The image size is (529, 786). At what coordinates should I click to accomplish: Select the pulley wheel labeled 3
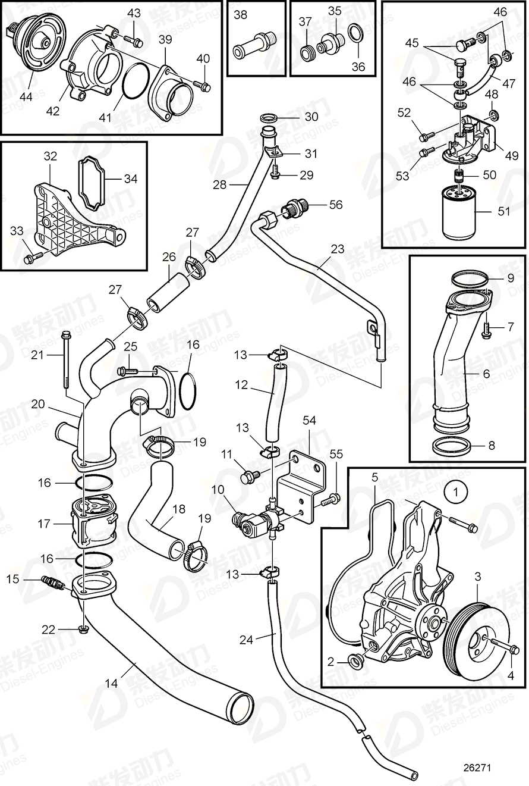coord(476,637)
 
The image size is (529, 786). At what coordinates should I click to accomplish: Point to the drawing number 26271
coord(477,768)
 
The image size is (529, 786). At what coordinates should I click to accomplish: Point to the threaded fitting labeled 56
coord(293,209)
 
